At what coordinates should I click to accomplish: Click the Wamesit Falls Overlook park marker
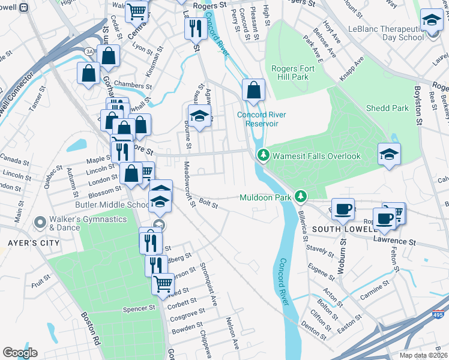click(x=263, y=156)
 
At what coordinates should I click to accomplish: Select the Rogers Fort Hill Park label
click(x=298, y=73)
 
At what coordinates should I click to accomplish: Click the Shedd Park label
click(x=387, y=108)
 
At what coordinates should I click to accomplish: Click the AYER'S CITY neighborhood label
click(x=29, y=243)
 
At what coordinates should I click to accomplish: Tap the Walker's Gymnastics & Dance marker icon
click(x=40, y=223)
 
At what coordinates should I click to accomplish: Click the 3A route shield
click(x=89, y=50)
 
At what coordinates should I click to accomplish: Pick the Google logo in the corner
click(x=20, y=353)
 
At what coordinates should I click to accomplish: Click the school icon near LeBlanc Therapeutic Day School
click(x=432, y=20)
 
